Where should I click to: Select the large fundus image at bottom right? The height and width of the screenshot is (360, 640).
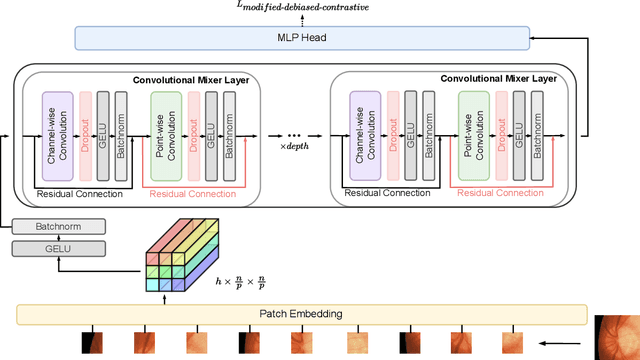coord(616,338)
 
